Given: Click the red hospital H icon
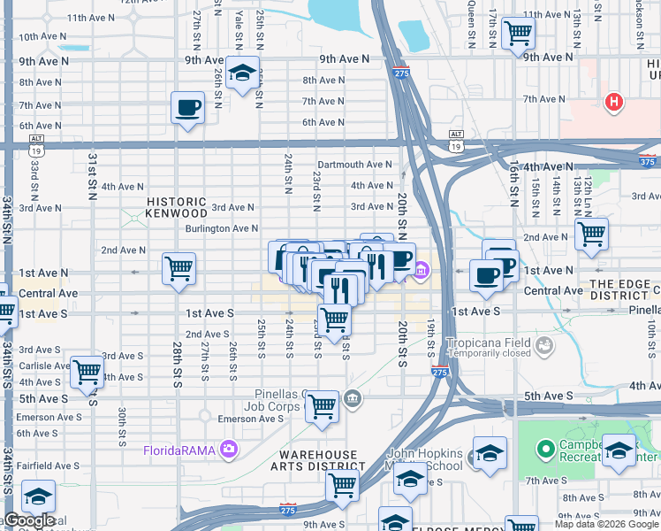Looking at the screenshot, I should pyautogui.click(x=613, y=103).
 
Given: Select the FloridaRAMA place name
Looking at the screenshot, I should pyautogui.click(x=182, y=450).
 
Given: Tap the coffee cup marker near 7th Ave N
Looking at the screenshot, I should pyautogui.click(x=187, y=109).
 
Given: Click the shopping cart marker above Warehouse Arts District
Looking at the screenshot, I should pyautogui.click(x=323, y=407).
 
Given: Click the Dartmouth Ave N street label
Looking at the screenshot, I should pyautogui.click(x=354, y=165).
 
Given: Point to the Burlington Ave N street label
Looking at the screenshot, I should pyautogui.click(x=221, y=228).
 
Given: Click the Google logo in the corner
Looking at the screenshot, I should pyautogui.click(x=30, y=520).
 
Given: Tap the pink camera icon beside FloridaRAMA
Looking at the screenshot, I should pyautogui.click(x=230, y=450).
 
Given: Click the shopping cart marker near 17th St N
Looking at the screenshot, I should pyautogui.click(x=518, y=34).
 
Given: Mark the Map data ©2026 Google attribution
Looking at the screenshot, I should pyautogui.click(x=606, y=524).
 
